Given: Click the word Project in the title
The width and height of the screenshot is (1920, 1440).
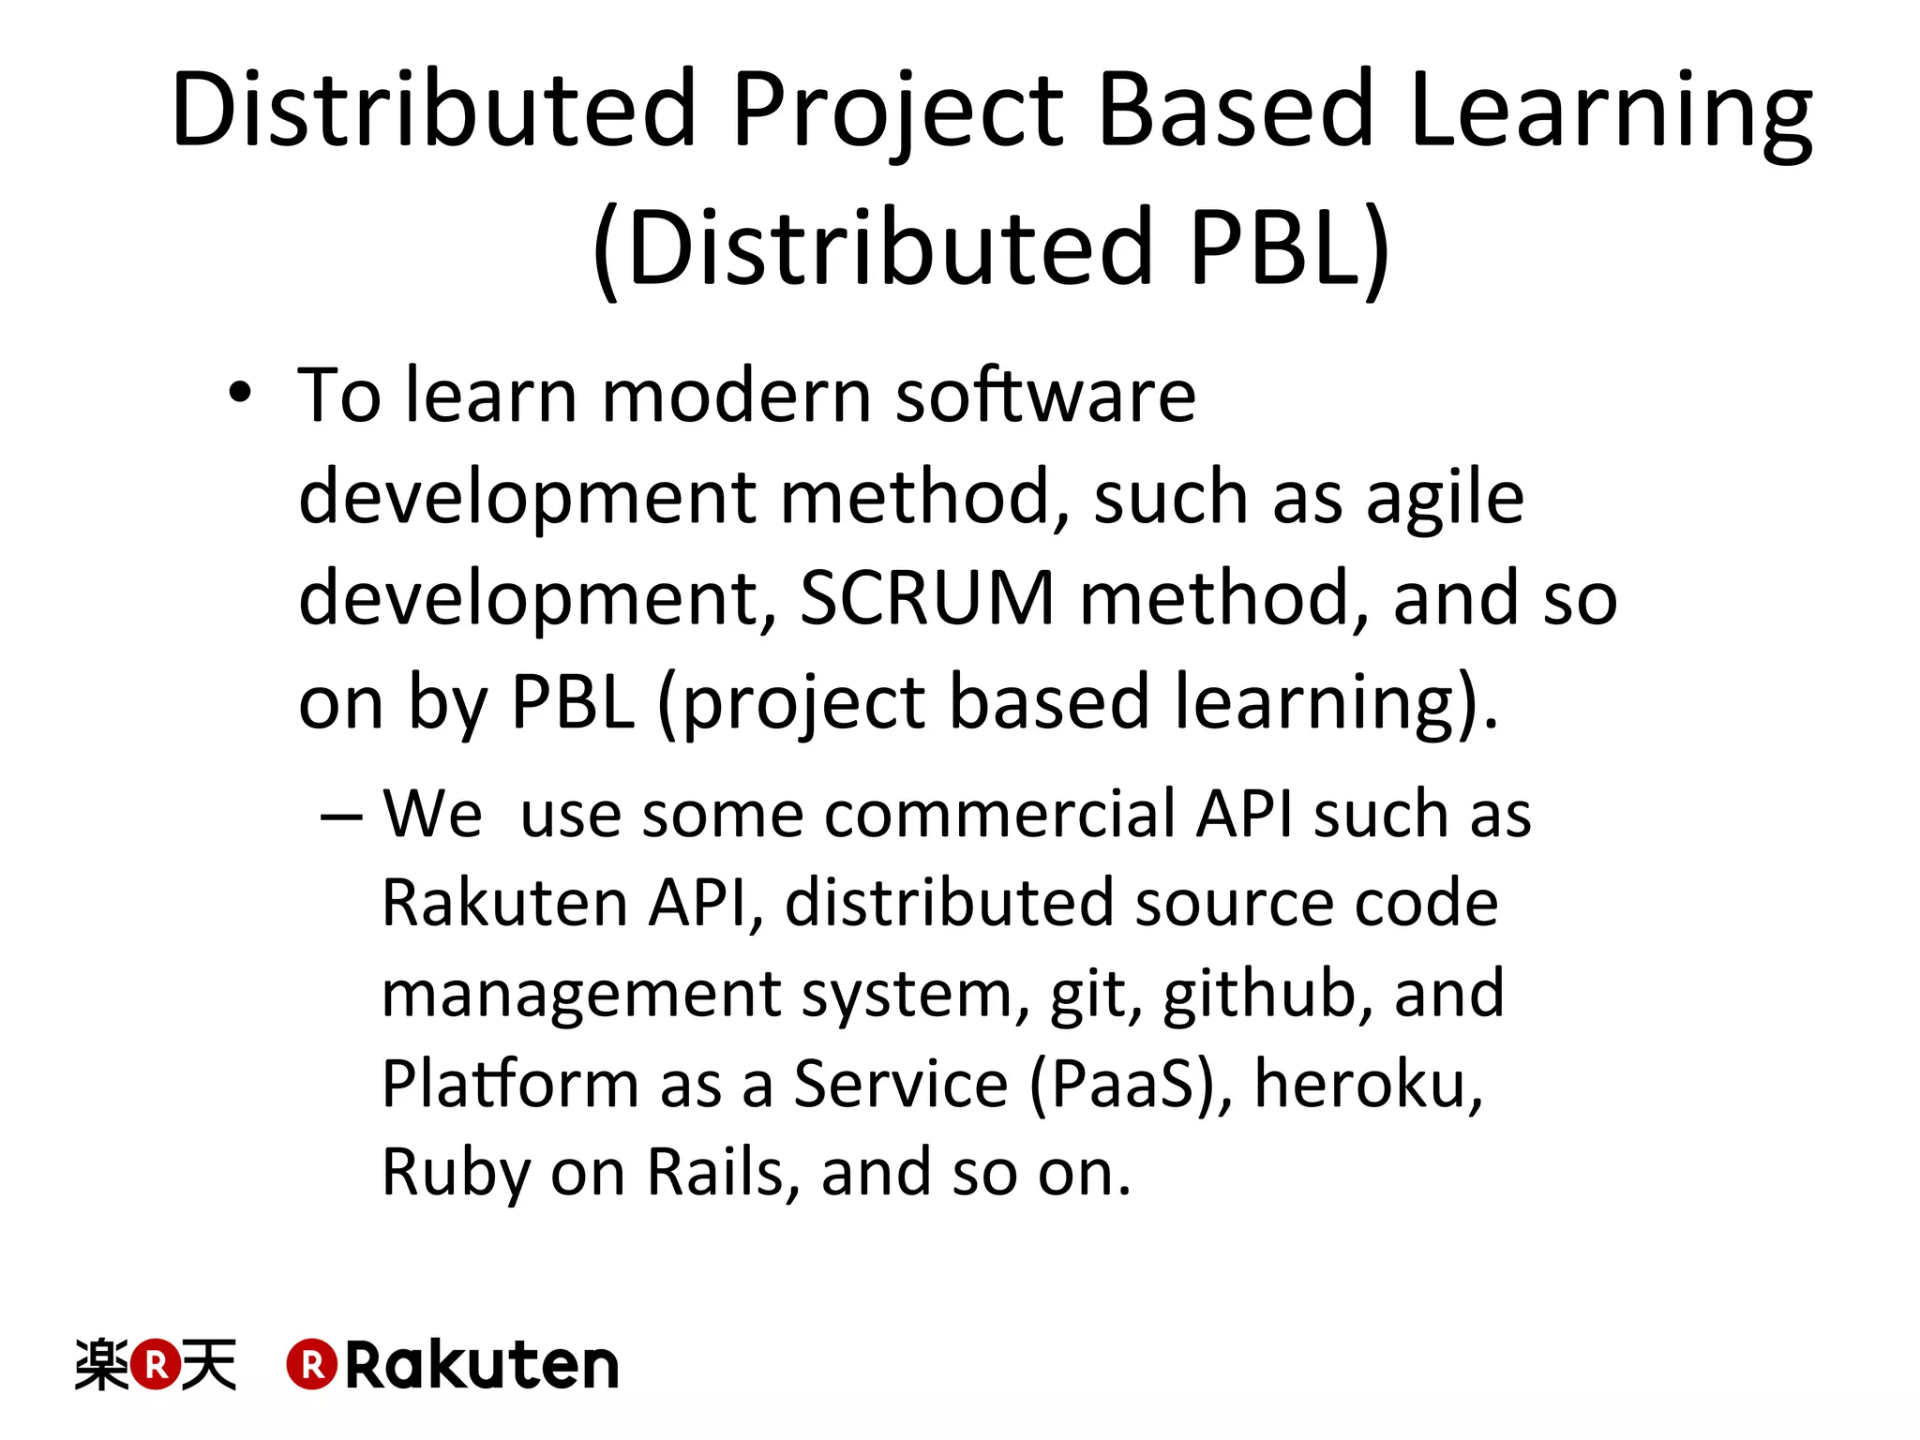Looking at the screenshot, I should (897, 111).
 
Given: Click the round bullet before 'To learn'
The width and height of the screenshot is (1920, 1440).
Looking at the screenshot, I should (240, 394).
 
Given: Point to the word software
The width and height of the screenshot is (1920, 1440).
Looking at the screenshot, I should (1045, 395).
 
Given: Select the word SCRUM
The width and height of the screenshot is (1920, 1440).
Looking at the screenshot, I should (927, 598).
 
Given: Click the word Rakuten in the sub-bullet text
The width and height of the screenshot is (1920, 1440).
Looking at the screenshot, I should (504, 903).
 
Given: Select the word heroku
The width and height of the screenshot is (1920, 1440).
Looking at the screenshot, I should (1369, 1084).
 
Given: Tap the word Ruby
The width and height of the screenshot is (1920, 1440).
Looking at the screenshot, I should (454, 1173).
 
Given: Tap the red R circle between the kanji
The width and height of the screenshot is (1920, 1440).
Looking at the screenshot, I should (155, 1364).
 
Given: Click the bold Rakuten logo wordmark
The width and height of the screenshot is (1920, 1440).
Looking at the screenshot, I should (481, 1365).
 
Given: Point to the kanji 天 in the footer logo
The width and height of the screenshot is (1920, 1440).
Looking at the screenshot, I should (208, 1364).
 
